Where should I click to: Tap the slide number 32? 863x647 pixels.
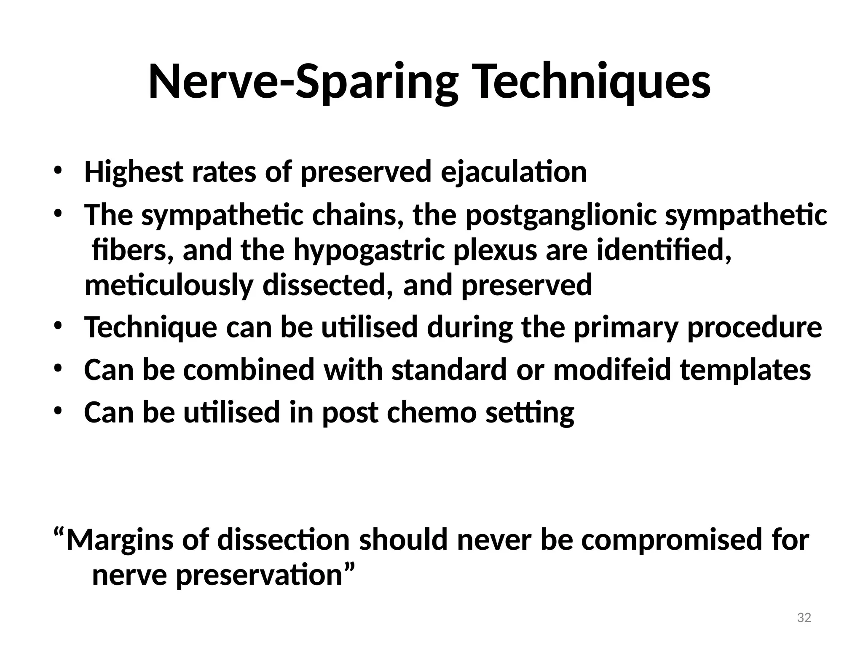click(x=804, y=618)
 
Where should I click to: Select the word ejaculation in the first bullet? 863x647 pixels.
click(x=514, y=172)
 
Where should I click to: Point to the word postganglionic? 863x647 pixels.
click(x=560, y=216)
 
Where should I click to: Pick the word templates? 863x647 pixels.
click(x=745, y=370)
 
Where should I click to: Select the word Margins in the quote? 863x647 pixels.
click(x=120, y=540)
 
